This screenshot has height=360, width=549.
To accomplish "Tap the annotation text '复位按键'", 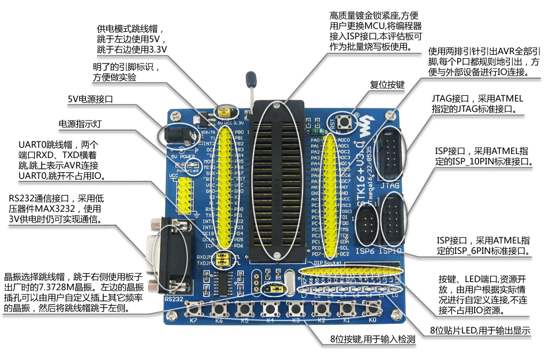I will (x=387, y=85).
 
